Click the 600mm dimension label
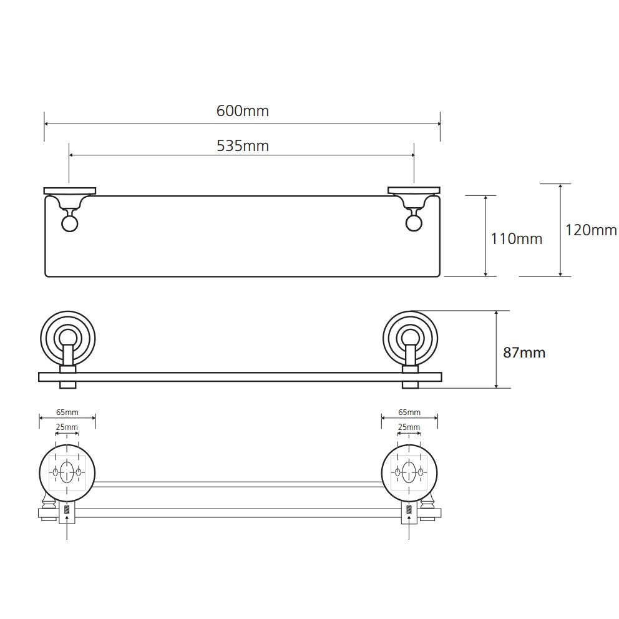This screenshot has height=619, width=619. [x=243, y=111]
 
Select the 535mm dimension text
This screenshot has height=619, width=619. [x=243, y=146]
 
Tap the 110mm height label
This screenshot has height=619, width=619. [x=517, y=239]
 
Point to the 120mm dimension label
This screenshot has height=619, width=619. [x=591, y=230]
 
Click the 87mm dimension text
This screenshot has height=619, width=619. [x=524, y=353]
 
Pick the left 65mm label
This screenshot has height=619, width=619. [x=67, y=412]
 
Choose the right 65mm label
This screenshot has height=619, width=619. [x=409, y=412]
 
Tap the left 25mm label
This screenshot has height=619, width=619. [x=67, y=427]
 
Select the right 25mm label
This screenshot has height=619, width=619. [x=409, y=427]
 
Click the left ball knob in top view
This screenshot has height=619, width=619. [x=70, y=224]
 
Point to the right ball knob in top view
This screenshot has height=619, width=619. [x=414, y=224]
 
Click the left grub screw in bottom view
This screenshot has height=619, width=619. [x=67, y=509]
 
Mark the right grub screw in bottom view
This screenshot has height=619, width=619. [x=409, y=509]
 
